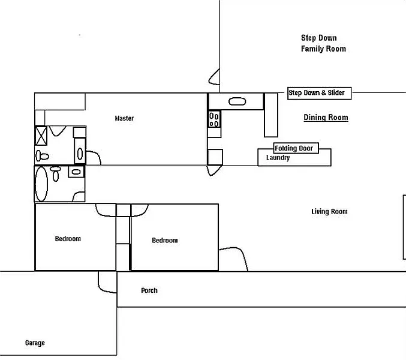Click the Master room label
124,118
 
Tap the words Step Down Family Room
323,43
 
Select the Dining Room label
326,118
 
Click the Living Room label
329,211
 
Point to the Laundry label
278,158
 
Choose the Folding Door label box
294,148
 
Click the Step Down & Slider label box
319,93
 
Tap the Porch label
149,290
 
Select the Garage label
35,343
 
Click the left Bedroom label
68,239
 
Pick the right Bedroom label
164,241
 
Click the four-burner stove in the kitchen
215,119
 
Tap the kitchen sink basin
237,101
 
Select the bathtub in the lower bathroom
42,184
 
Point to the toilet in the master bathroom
41,155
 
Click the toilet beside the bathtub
56,173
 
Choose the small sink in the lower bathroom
76,172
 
